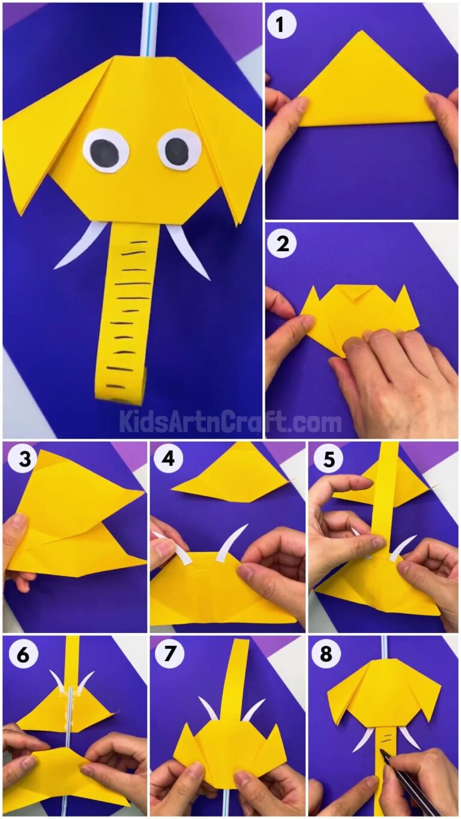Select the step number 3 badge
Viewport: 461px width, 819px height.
click(19, 460)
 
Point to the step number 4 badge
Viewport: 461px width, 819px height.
click(166, 460)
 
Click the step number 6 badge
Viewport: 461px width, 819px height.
click(19, 655)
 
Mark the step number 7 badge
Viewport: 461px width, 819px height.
click(166, 655)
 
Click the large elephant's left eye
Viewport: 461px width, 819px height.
click(106, 150)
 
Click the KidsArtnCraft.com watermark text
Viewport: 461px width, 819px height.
click(230, 422)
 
